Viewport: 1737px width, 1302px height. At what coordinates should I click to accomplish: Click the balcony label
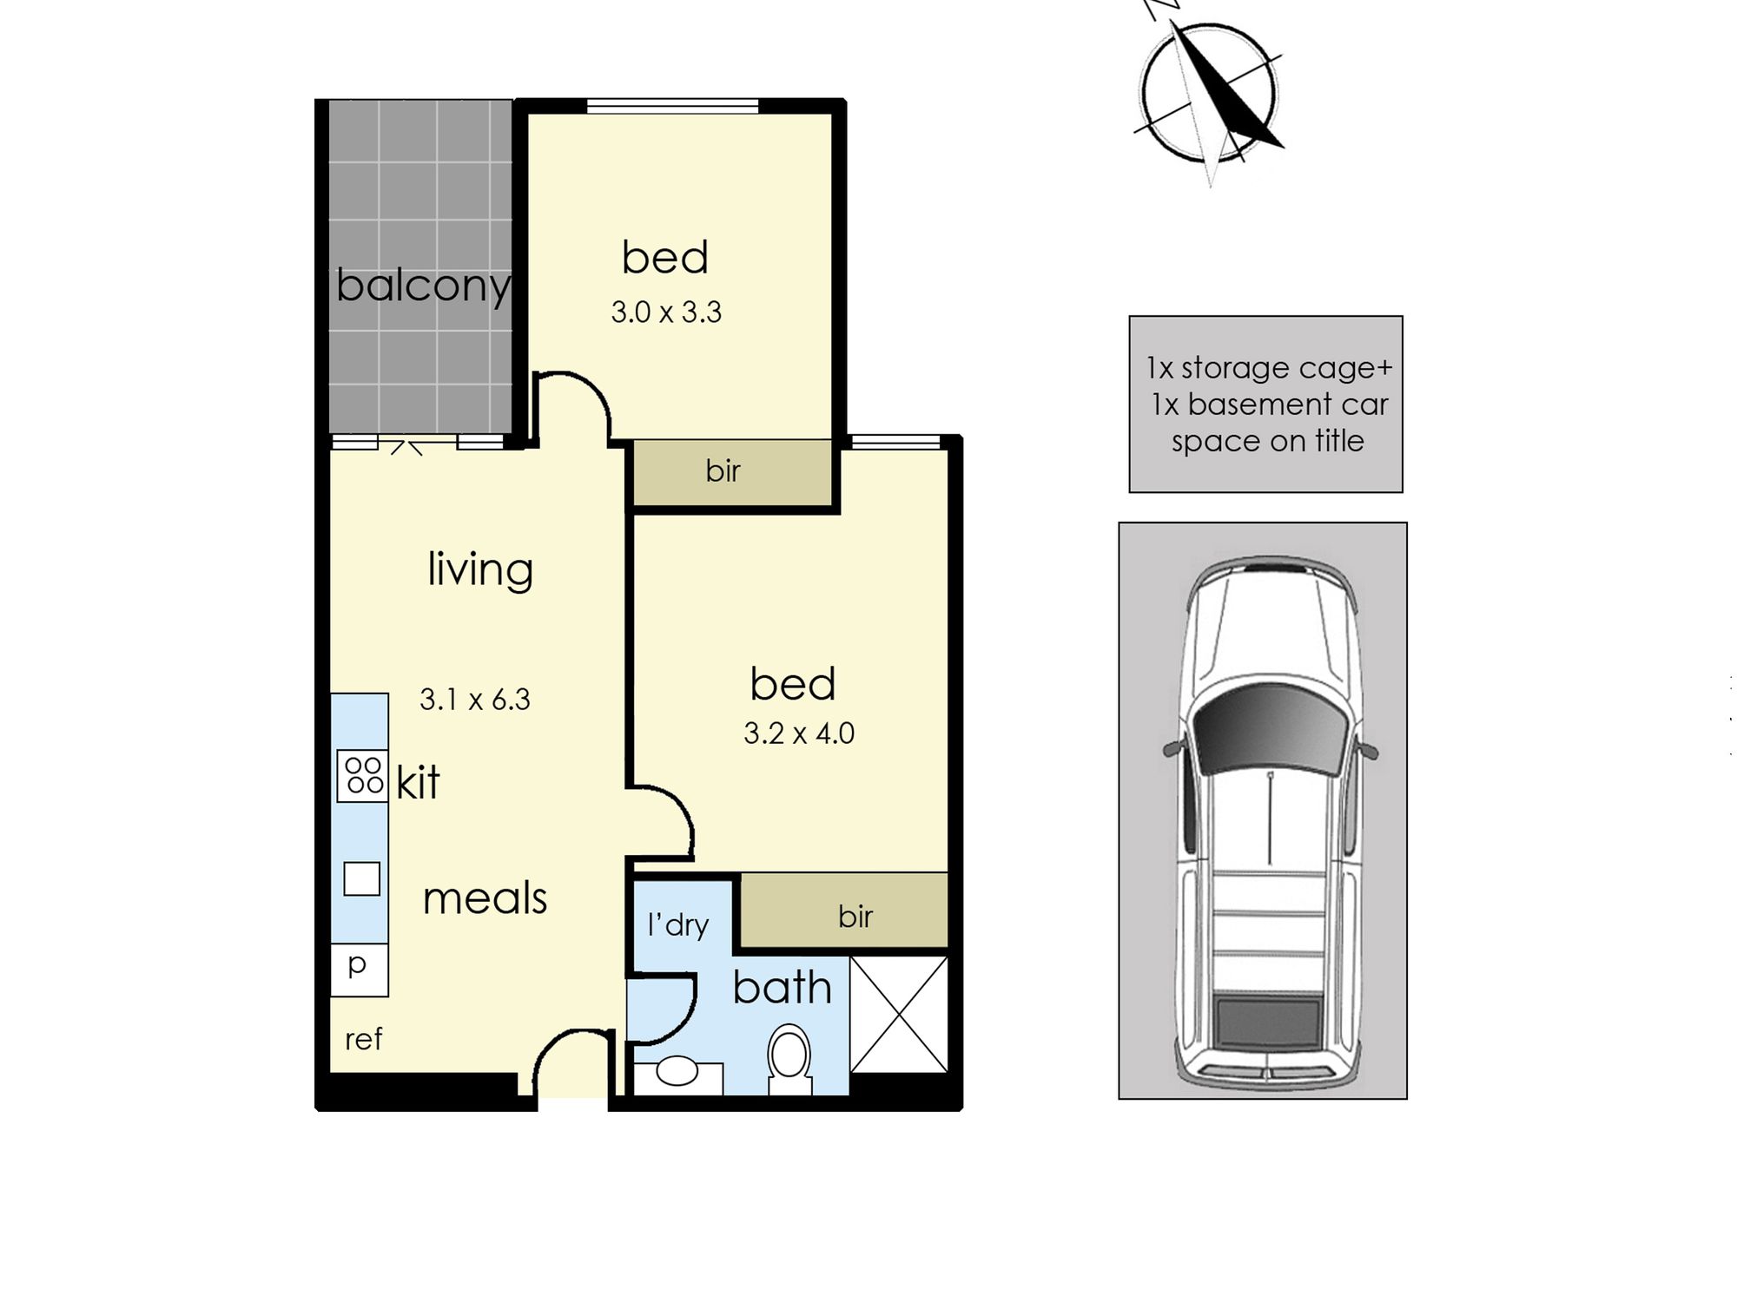click(423, 286)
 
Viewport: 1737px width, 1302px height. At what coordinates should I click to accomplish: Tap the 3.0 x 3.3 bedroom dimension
click(666, 312)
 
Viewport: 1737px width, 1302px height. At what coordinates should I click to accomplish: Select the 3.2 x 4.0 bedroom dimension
click(798, 733)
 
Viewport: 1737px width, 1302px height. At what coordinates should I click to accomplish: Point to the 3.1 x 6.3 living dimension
click(474, 699)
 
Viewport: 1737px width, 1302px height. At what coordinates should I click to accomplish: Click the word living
click(480, 570)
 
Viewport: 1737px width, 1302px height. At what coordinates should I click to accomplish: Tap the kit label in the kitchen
click(418, 782)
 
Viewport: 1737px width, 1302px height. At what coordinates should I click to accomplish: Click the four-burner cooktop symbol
click(363, 776)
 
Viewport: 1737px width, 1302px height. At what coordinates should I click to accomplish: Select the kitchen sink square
click(361, 878)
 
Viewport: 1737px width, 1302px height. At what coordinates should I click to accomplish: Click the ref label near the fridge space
click(363, 1039)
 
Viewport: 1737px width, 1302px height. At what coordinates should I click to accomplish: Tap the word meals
click(485, 898)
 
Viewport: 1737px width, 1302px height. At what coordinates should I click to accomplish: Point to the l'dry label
click(678, 925)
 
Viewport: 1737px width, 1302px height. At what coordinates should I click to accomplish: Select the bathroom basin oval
click(677, 1071)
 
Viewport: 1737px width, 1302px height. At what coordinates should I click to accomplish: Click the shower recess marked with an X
click(898, 1014)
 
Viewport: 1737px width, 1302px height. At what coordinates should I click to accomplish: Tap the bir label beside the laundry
click(855, 917)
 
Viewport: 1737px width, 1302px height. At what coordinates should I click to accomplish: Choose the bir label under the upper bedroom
click(723, 471)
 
